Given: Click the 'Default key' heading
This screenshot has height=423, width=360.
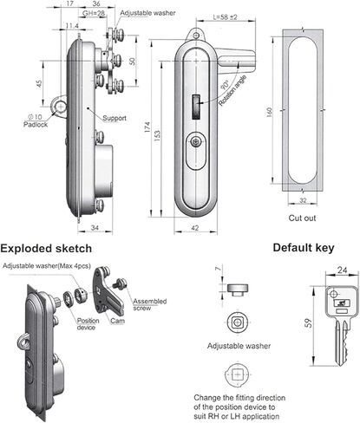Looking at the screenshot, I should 303,247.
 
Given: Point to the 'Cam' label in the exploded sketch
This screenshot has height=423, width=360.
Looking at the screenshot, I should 118,320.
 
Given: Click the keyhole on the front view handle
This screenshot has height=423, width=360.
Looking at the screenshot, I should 198,144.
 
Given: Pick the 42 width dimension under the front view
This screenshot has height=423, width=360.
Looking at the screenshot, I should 197,228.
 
